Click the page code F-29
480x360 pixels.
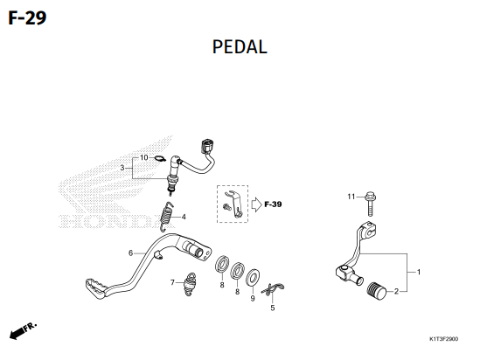(27, 17)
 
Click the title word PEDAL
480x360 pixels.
(240, 47)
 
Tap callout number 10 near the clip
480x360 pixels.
(144, 157)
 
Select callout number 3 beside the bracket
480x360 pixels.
(122, 168)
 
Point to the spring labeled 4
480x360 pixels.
(166, 217)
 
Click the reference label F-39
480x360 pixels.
(273, 204)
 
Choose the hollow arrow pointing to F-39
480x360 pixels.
(256, 204)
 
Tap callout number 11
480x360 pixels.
(351, 197)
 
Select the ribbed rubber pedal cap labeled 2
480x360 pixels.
(377, 291)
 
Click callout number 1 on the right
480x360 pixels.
(419, 272)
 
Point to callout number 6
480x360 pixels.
(131, 253)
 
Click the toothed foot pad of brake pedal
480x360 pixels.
(95, 287)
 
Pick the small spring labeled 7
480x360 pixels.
(190, 284)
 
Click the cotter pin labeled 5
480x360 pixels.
(273, 289)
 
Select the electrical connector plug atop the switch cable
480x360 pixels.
(207, 146)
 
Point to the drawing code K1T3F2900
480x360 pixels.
(443, 338)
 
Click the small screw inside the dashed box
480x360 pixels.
(227, 207)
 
